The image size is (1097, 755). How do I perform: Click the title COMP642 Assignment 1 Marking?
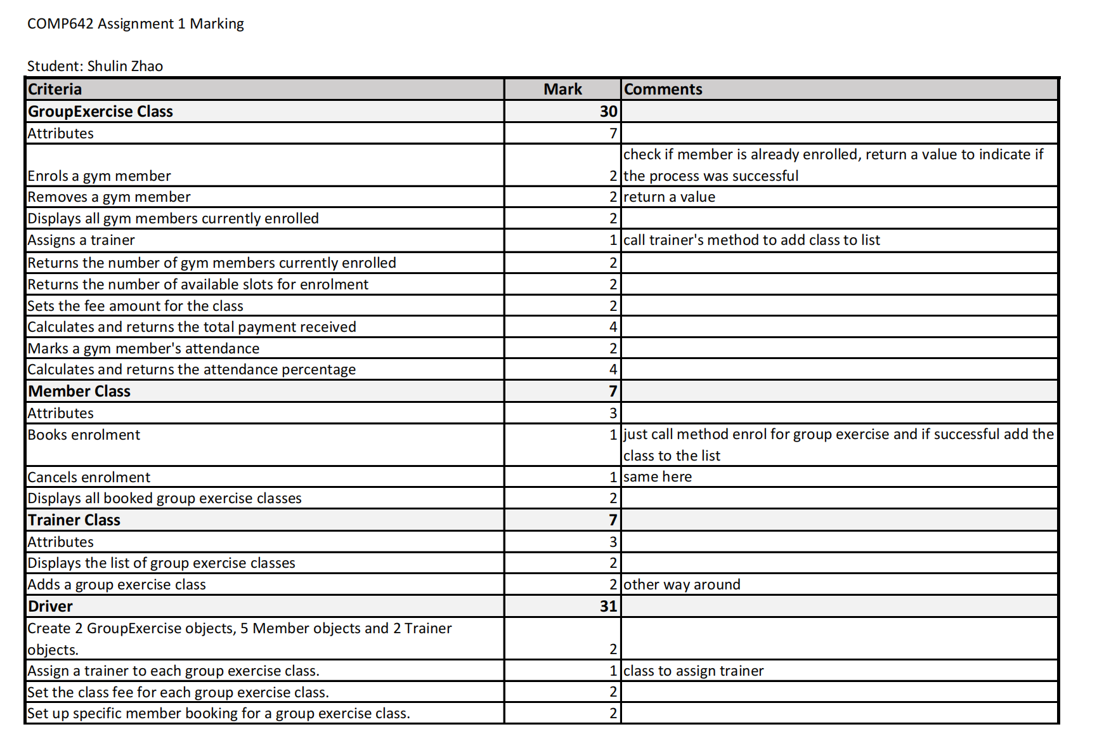click(135, 24)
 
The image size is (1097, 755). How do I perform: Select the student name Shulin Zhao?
click(125, 66)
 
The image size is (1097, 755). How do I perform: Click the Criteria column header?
click(55, 89)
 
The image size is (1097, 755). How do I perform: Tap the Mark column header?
click(562, 89)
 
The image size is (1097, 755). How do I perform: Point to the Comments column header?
click(663, 89)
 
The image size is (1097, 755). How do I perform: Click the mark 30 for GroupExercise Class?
click(608, 112)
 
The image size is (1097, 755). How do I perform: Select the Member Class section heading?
click(79, 391)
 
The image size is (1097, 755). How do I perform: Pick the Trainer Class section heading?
click(74, 520)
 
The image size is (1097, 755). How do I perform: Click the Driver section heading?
click(50, 607)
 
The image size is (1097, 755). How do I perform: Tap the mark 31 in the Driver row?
click(608, 607)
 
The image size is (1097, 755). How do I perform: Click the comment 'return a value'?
click(669, 197)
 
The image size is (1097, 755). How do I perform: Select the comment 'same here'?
click(658, 477)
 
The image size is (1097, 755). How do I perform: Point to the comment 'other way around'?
click(682, 585)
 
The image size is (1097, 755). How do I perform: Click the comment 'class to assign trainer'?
click(693, 671)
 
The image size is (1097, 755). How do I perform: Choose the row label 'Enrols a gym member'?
click(99, 176)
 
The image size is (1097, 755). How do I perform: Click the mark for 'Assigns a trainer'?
click(613, 240)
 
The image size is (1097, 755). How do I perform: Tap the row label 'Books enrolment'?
click(84, 435)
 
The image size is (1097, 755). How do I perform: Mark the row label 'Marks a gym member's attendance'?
click(143, 349)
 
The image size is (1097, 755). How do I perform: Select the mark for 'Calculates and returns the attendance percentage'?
click(613, 370)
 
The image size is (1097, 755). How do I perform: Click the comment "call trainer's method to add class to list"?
click(751, 240)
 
